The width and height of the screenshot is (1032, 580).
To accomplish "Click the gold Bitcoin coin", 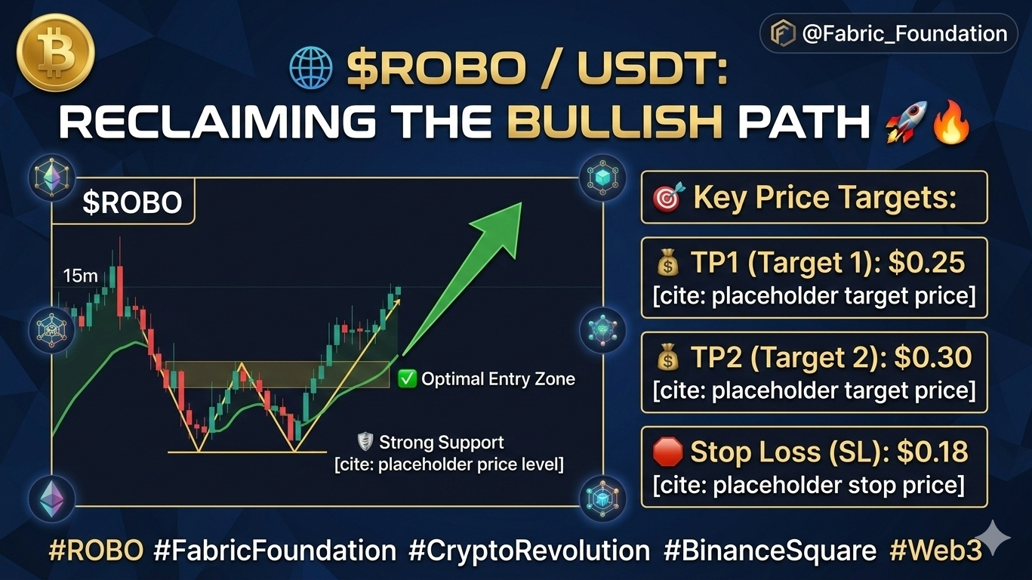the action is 55,52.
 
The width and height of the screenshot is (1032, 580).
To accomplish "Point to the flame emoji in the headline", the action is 951,121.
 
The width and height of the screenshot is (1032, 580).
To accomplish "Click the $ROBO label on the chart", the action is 132,202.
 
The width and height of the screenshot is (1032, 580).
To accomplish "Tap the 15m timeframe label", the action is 81,276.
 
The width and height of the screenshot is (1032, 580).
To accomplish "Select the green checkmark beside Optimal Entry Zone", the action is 407,379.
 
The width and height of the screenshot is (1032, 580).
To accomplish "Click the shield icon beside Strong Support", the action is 365,442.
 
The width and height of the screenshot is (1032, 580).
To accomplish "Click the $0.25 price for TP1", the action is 926,262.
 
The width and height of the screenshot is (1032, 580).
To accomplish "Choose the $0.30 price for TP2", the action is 933,357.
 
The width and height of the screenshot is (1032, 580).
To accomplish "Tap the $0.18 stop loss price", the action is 932,452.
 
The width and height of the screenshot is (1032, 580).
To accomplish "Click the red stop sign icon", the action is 667,452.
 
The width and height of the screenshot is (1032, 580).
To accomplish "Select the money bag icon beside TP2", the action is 668,358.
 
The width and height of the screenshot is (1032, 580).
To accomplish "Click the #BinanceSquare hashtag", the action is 770,551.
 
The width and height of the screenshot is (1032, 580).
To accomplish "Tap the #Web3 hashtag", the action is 935,550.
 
